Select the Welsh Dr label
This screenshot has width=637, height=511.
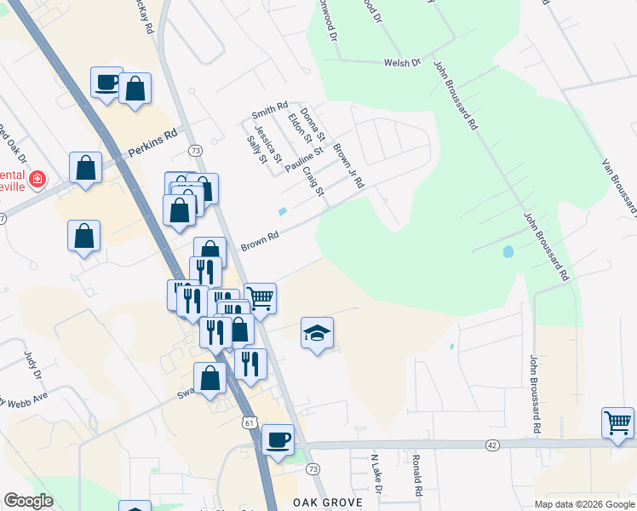click(x=403, y=62)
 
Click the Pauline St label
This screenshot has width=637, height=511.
click(x=304, y=158)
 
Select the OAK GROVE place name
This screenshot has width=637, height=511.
click(x=328, y=502)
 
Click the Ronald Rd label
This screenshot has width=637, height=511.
click(x=416, y=474)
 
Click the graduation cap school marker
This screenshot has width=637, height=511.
click(x=317, y=334)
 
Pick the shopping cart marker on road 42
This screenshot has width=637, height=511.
click(x=617, y=422)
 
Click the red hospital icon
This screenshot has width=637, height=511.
click(x=37, y=180)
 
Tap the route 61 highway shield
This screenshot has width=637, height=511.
click(x=248, y=422)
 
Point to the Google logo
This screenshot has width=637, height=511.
click(x=28, y=501)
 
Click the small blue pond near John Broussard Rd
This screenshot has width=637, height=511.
click(x=508, y=252)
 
